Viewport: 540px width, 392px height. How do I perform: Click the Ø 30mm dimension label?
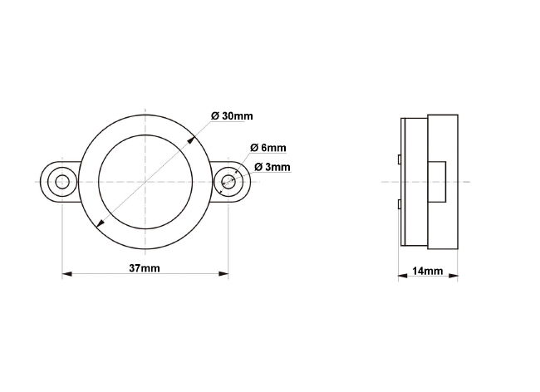click(x=232, y=115)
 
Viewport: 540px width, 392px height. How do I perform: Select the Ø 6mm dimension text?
click(x=268, y=148)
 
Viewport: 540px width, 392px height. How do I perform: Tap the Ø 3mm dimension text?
click(x=272, y=167)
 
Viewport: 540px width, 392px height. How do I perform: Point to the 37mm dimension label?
click(x=145, y=267)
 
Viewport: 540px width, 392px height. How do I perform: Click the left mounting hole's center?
click(x=62, y=182)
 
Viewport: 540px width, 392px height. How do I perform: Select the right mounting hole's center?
click(x=228, y=182)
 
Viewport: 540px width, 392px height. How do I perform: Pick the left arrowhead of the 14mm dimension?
click(x=402, y=277)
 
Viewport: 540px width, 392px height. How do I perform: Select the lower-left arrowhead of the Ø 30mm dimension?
click(x=101, y=224)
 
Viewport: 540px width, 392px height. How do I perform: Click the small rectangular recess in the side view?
click(x=437, y=182)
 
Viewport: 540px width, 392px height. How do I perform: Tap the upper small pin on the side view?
click(x=400, y=158)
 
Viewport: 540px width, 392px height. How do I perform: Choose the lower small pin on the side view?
click(x=400, y=204)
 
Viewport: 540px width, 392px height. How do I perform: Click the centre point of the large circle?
click(x=146, y=182)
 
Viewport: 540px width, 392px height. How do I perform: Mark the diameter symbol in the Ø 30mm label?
click(x=215, y=115)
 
